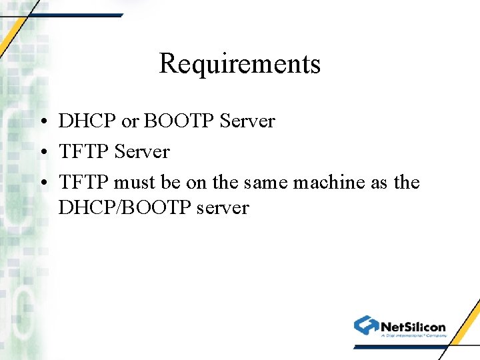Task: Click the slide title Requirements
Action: [x=240, y=64]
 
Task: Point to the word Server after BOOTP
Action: [x=247, y=121]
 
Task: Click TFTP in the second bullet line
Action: [x=84, y=152]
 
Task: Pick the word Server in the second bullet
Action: [x=142, y=152]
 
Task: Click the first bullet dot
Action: [x=42, y=122]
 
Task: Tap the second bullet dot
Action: [x=42, y=153]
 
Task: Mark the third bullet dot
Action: [x=42, y=183]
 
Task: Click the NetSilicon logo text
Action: [x=413, y=327]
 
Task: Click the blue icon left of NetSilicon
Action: [x=366, y=325]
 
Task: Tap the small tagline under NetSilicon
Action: [x=413, y=336]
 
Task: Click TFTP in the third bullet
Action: [x=84, y=183]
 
